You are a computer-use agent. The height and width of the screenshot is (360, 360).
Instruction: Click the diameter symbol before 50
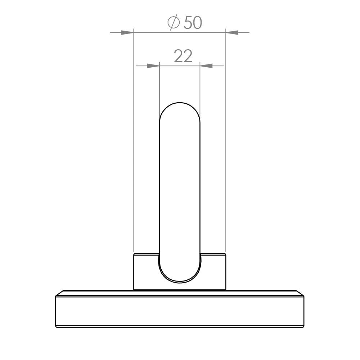coord(174,23)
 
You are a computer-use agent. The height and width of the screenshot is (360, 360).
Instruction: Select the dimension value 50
coord(193,23)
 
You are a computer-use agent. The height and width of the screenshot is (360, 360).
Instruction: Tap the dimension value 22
coord(183,56)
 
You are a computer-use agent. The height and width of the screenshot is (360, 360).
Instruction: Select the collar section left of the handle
coord(146,271)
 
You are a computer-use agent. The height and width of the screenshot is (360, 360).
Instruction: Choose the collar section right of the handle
coord(213,271)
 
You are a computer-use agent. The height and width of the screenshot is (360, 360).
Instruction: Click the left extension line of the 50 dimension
coord(134,144)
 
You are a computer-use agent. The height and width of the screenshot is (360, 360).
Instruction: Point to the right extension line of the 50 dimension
coord(225,144)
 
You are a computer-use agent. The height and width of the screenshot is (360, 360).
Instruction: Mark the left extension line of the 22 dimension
coord(159,86)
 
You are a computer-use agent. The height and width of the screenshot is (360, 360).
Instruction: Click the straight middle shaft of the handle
coord(179,187)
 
